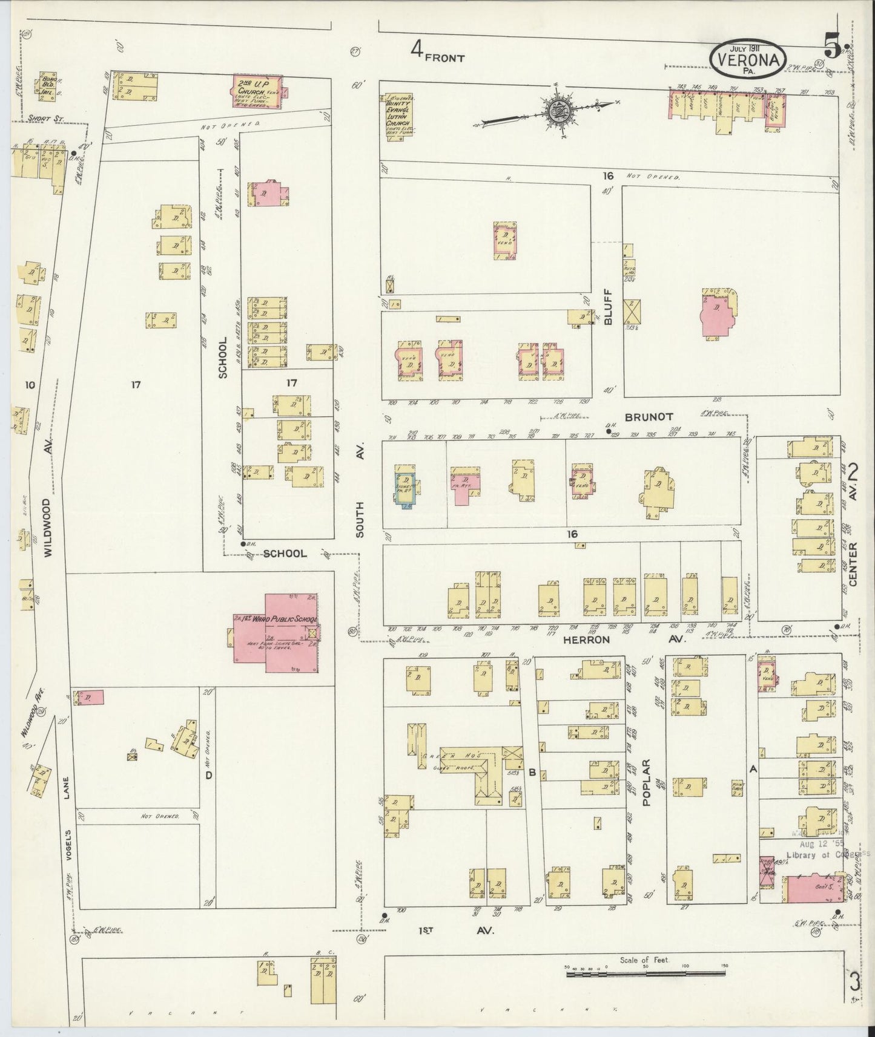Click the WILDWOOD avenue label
48,526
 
